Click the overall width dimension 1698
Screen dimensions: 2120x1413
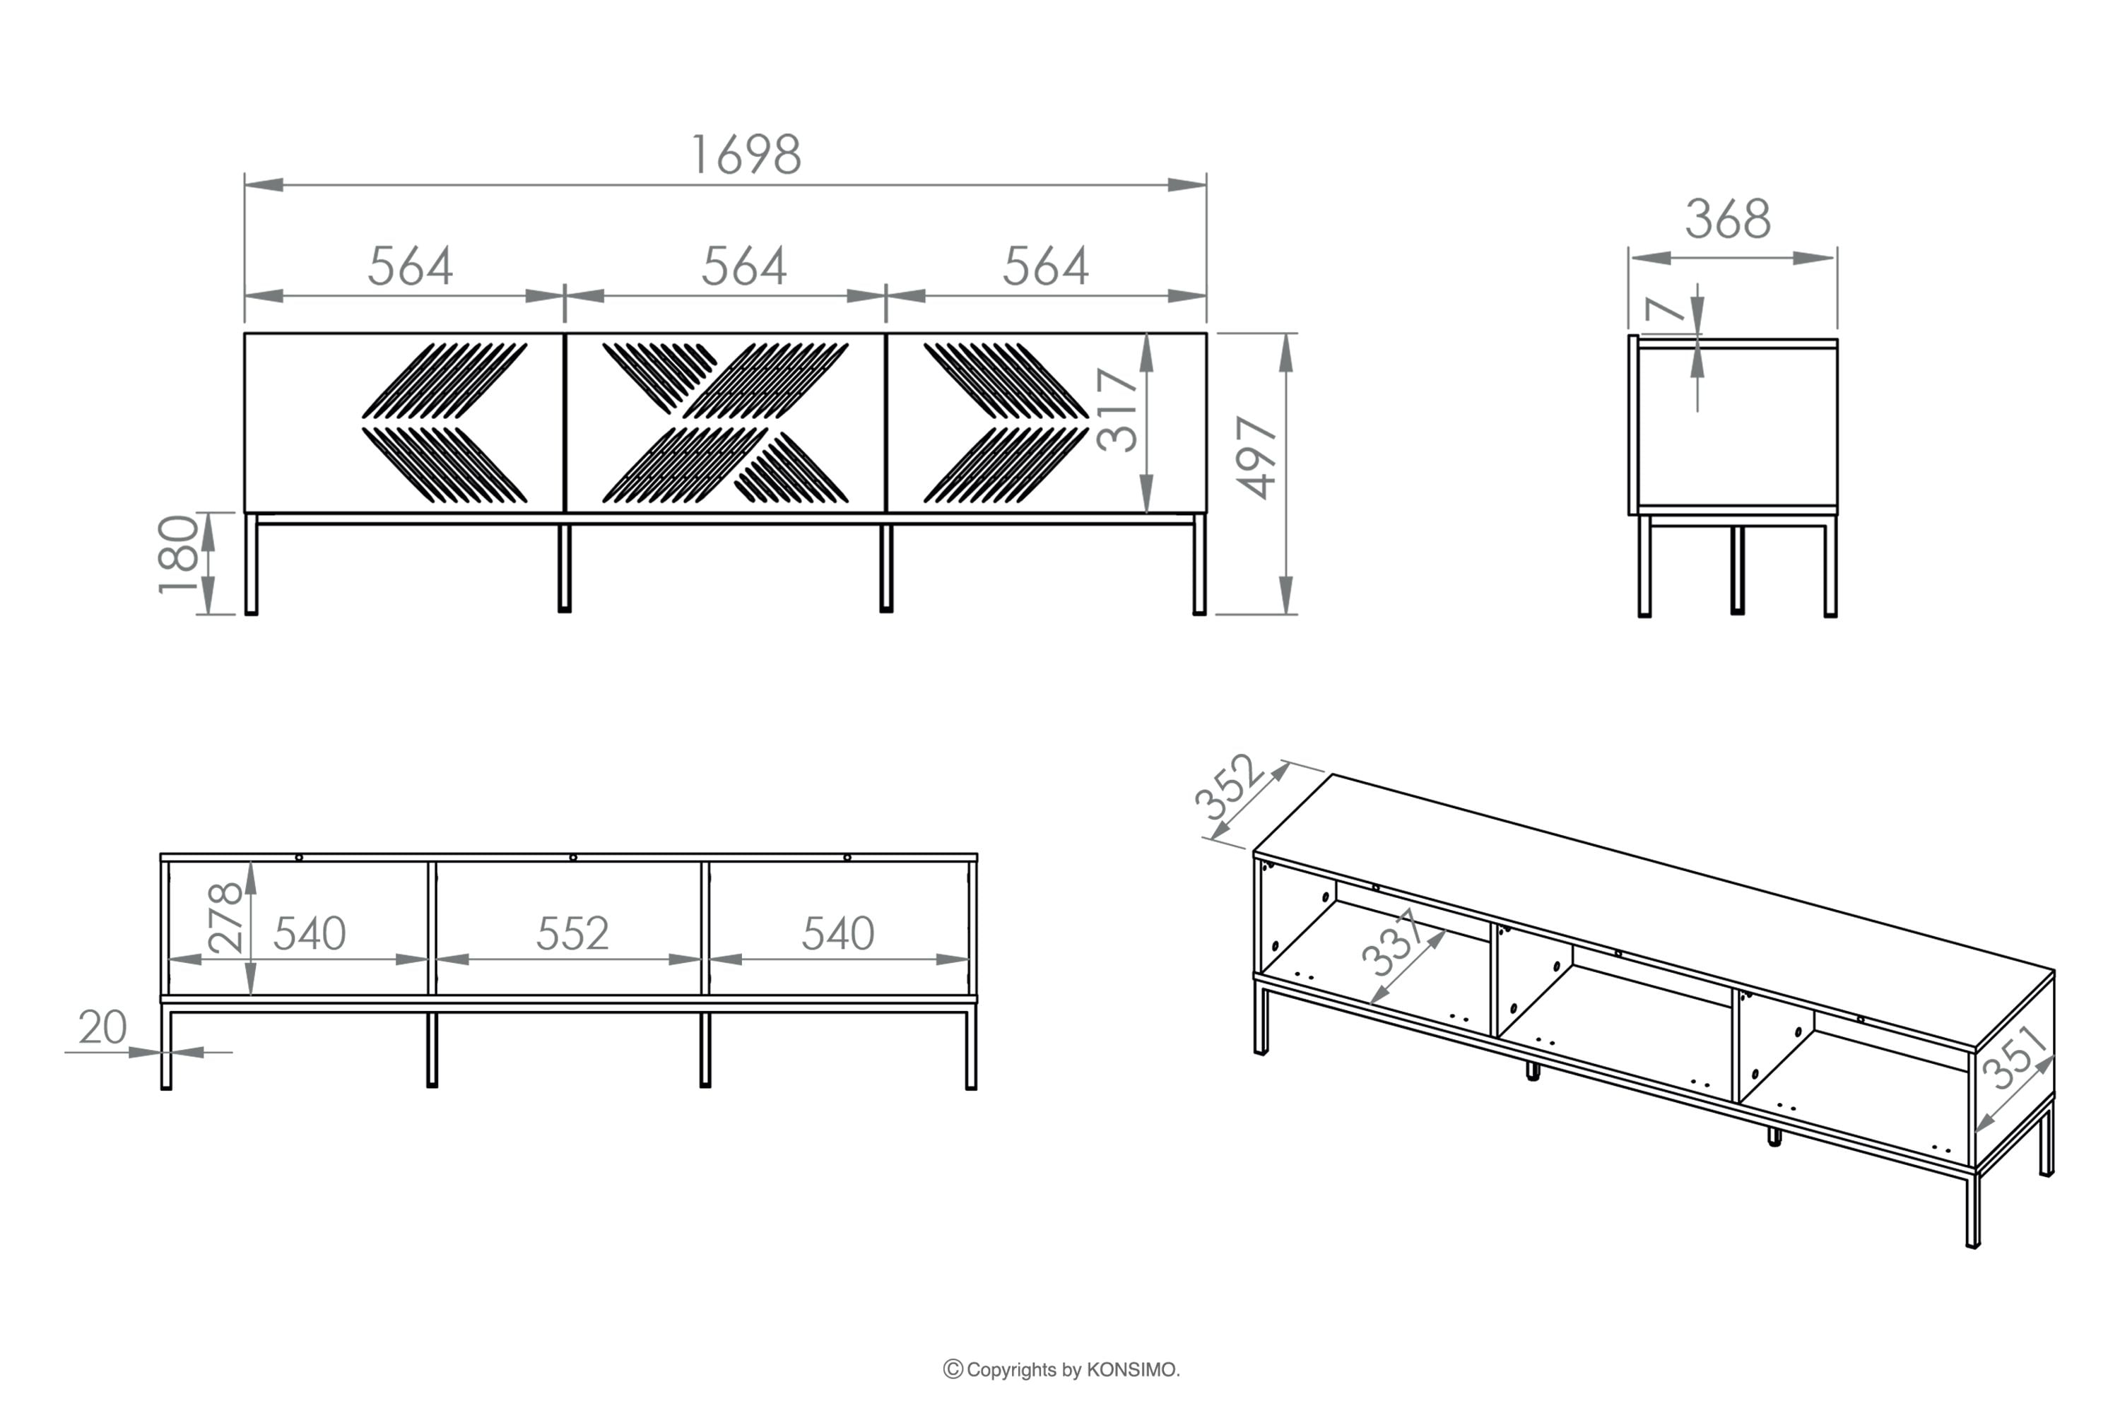coord(746,155)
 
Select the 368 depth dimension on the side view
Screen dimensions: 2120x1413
coord(1728,219)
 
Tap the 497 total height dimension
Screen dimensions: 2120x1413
coord(1256,457)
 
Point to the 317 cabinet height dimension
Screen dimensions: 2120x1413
coord(1118,409)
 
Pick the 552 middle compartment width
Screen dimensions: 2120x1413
coord(572,933)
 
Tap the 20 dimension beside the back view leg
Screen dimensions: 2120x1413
coord(102,1027)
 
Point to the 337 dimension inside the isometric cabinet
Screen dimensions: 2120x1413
coord(1394,942)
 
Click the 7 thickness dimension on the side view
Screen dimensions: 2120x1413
coord(1664,309)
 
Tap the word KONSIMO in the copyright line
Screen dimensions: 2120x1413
coord(1132,1370)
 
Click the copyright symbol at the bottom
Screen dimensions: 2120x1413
coord(953,1370)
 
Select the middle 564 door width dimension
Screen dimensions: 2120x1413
coord(745,267)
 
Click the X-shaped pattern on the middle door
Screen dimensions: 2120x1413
coord(726,422)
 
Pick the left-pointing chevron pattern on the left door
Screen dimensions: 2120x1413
coord(444,422)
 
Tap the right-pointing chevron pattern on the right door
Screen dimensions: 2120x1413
coord(1006,422)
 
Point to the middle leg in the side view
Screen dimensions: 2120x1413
coord(1738,570)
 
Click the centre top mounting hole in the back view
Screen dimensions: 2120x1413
coord(573,857)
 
